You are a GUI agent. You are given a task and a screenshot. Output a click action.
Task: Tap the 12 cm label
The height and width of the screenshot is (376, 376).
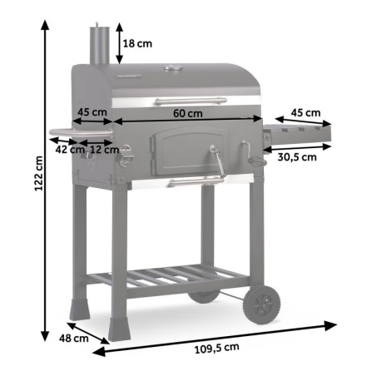(103, 150)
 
